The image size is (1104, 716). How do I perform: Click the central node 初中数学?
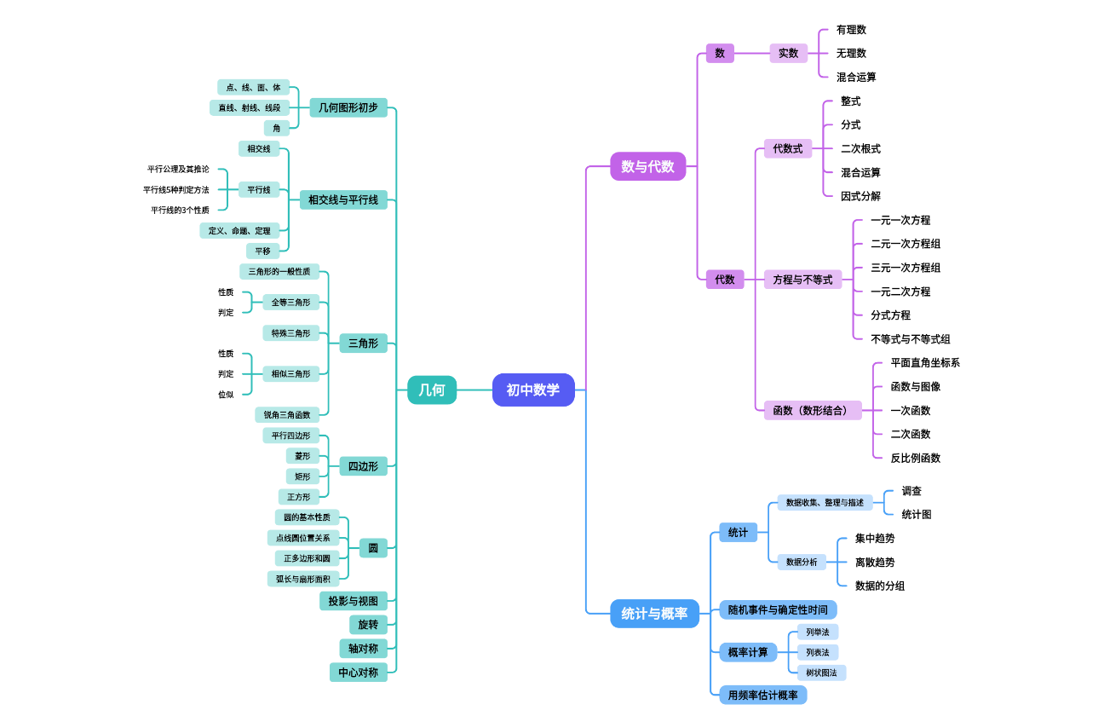coord(533,390)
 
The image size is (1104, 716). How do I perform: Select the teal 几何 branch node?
coord(432,390)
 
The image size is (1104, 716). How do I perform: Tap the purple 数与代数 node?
coord(647,166)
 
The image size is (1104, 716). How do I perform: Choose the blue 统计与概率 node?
coord(654,613)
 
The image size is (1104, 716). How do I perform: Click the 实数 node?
coord(788,53)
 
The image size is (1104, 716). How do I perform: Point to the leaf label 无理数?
coord(851,53)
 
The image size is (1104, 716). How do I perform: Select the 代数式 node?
coord(787,148)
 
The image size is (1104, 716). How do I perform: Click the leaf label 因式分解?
coord(860,196)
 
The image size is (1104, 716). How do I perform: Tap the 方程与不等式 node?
coord(802,280)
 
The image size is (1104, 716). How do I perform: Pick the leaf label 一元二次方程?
coord(900,292)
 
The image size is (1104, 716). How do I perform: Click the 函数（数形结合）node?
coord(812,411)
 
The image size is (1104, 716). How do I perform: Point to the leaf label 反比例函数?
coord(916,458)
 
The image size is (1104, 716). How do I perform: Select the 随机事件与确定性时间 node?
coord(778,609)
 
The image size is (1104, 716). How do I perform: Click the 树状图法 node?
coord(821,673)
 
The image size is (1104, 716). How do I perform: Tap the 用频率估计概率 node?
coord(762,695)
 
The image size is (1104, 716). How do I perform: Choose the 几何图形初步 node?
coord(348,107)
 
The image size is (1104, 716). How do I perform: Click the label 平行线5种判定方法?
coord(175,190)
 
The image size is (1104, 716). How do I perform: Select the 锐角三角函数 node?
coord(286,415)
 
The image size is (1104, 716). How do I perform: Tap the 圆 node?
coord(373,548)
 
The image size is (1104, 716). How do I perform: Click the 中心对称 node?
coord(358,673)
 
